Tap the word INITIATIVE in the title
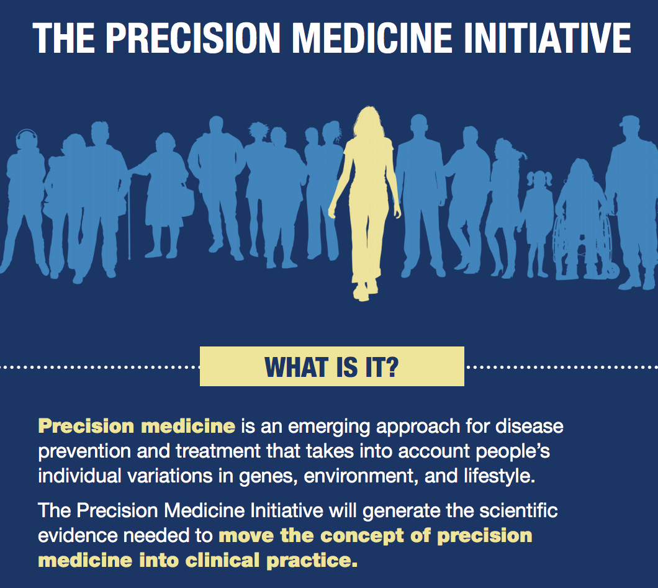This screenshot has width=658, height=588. tap(548, 38)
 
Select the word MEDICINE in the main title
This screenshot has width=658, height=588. tap(372, 38)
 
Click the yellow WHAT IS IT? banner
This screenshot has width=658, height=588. tap(332, 366)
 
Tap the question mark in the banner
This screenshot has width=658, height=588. tap(391, 367)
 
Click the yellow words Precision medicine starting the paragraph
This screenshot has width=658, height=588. tap(137, 427)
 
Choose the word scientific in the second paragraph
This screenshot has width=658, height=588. tap(518, 511)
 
